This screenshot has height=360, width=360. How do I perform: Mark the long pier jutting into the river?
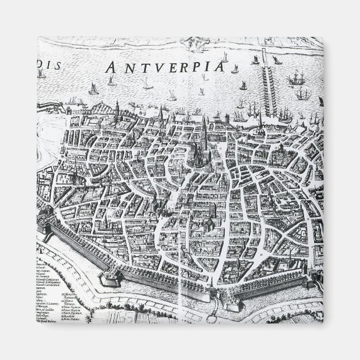[263, 84]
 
